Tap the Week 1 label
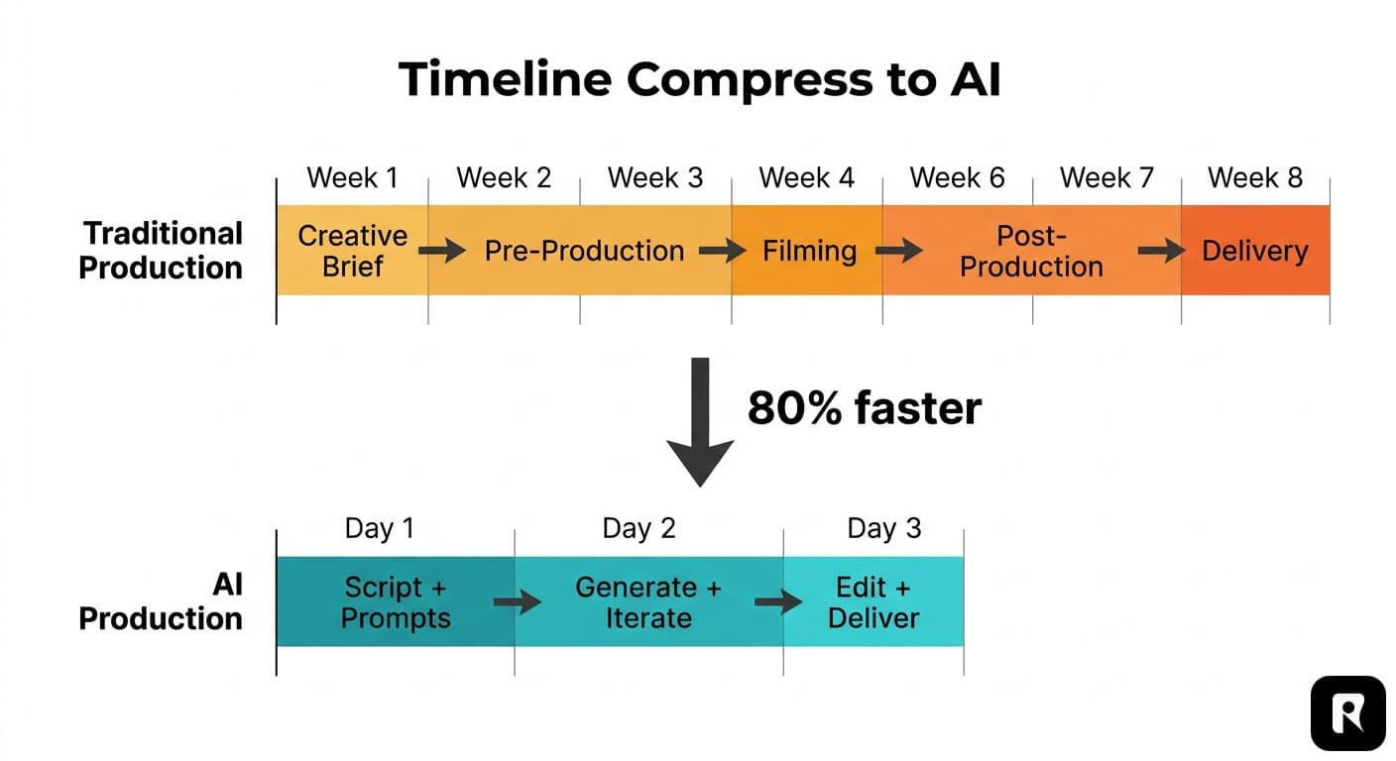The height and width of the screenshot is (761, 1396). click(x=352, y=178)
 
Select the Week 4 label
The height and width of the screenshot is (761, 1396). click(x=806, y=178)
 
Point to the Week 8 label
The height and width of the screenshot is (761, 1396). click(x=1254, y=178)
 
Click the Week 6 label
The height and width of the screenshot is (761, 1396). click(x=957, y=178)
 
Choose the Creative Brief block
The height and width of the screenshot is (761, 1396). click(x=352, y=251)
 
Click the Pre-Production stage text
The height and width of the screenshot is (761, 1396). click(x=584, y=252)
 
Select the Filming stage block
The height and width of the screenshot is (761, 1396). click(x=808, y=251)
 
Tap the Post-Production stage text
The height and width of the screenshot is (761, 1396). click(x=1031, y=251)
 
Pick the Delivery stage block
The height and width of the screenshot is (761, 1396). click(x=1254, y=251)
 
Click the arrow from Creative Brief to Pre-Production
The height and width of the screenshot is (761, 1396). click(x=441, y=251)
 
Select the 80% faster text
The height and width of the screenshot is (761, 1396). click(x=864, y=408)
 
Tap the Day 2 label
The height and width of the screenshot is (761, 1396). click(x=639, y=529)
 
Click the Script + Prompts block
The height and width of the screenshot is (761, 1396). click(x=395, y=602)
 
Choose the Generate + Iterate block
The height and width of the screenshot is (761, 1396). click(x=647, y=602)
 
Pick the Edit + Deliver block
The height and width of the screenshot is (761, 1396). click(x=873, y=602)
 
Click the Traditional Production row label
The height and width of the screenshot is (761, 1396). click(x=161, y=251)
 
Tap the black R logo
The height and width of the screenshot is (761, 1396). click(x=1346, y=712)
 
